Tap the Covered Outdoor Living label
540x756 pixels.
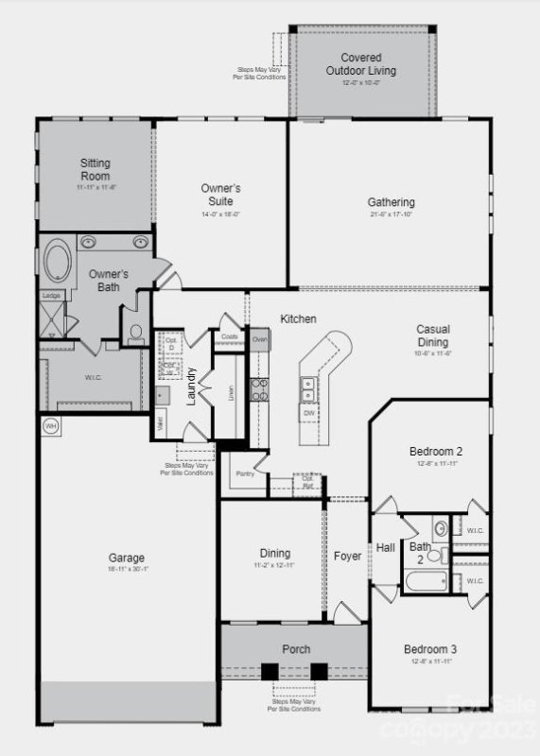(x=360, y=64)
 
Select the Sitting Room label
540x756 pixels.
(x=95, y=169)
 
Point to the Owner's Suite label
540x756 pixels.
(x=220, y=195)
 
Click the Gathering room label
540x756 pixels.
(x=391, y=202)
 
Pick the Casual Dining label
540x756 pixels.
(x=433, y=335)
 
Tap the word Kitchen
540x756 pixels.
(x=298, y=319)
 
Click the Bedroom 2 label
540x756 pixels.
(x=435, y=451)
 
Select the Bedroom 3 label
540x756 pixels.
(x=430, y=649)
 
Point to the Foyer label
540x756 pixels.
(x=347, y=557)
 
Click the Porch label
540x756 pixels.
(x=296, y=649)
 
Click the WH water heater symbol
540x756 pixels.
(x=51, y=426)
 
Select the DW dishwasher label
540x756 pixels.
(x=308, y=413)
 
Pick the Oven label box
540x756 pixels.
(x=260, y=338)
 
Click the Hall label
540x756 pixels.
(x=386, y=547)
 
